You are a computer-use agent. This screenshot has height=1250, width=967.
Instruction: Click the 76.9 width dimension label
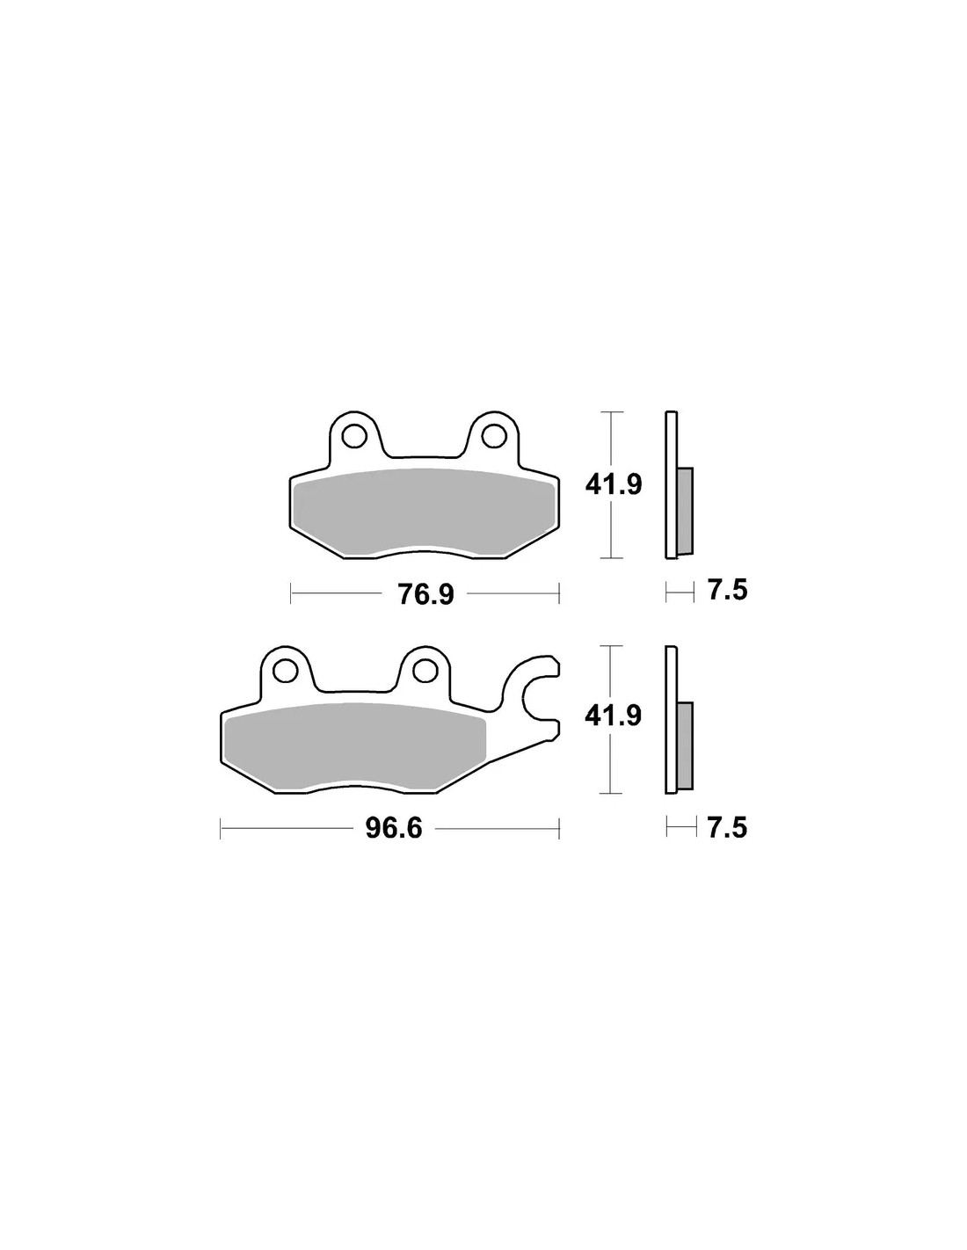(426, 595)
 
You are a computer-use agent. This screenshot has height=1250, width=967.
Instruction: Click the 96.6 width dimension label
(394, 828)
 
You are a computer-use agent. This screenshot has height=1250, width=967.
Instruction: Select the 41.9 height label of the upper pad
(614, 485)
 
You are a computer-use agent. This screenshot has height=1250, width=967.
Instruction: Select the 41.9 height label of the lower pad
(614, 716)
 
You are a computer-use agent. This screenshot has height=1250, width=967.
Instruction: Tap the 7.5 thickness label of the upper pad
(728, 591)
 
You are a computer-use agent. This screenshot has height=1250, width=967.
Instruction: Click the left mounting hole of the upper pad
(353, 437)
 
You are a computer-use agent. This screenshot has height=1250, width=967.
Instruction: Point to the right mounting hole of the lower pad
(425, 670)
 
